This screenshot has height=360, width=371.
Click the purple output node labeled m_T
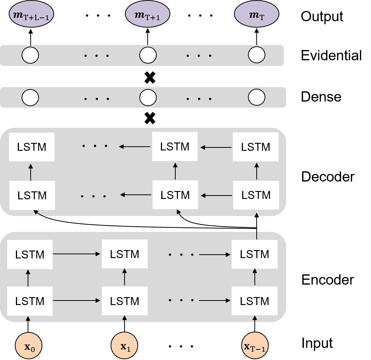pos(257,15)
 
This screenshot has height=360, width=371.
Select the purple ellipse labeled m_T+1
pos(148,15)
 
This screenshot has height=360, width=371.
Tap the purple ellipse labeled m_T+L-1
pos(31,15)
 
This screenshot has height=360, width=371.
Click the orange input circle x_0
pos(28,346)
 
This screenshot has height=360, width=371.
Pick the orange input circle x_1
pos(124,346)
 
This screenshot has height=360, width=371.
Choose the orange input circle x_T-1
pos(255,346)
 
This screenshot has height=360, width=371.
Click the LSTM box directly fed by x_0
pos(30,301)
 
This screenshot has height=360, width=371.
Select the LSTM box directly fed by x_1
pos(125,301)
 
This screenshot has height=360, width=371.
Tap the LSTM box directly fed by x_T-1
pos(254,301)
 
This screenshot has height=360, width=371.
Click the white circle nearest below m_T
pos(257,55)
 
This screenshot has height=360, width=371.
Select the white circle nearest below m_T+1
pos(148,55)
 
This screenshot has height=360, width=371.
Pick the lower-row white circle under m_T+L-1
pos(30,98)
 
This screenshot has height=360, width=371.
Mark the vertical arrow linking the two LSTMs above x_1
pos(125,277)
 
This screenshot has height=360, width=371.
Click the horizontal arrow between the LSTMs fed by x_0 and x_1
pos(77,301)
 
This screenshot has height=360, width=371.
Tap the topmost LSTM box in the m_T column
pos(256,147)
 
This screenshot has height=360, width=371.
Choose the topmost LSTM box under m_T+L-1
pos(32,147)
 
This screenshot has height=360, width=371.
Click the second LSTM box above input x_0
pos(30,255)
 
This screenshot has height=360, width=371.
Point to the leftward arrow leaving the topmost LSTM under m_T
pos(216,147)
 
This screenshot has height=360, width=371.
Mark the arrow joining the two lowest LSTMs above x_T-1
pos(255,277)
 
